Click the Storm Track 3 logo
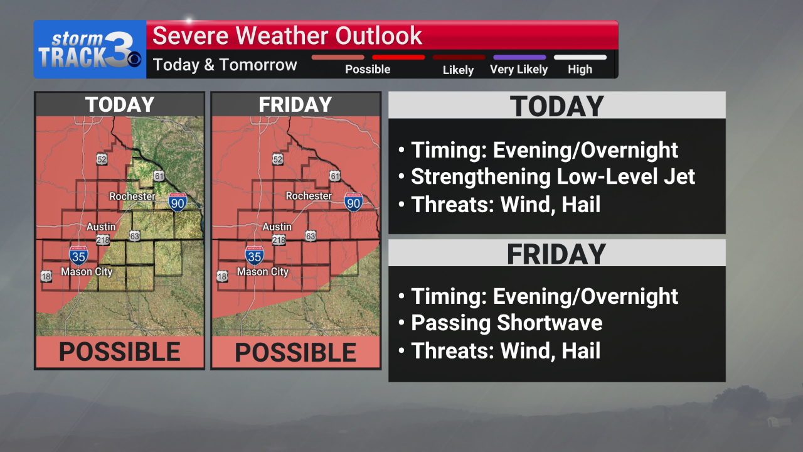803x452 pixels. [x=89, y=50]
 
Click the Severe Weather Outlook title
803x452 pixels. [x=287, y=36]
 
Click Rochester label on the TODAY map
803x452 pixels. [x=132, y=196]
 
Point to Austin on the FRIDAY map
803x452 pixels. [x=277, y=227]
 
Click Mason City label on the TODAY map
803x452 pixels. [x=87, y=272]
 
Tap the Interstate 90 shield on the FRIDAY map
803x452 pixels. [x=354, y=202]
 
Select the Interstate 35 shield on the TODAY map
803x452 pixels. [x=78, y=255]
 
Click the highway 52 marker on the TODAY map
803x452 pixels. [x=102, y=159]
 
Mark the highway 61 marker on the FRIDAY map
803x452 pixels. [x=335, y=176]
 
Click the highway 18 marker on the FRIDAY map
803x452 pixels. [x=222, y=276]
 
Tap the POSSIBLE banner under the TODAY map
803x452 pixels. [x=119, y=352]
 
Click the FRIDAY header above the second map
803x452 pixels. [x=295, y=105]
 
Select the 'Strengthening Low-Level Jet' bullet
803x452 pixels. [x=553, y=177]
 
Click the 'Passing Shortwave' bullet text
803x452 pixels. [x=506, y=323]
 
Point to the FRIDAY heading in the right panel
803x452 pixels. [x=556, y=254]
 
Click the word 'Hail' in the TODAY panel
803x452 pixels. [x=582, y=205]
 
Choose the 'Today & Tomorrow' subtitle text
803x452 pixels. [x=225, y=65]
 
